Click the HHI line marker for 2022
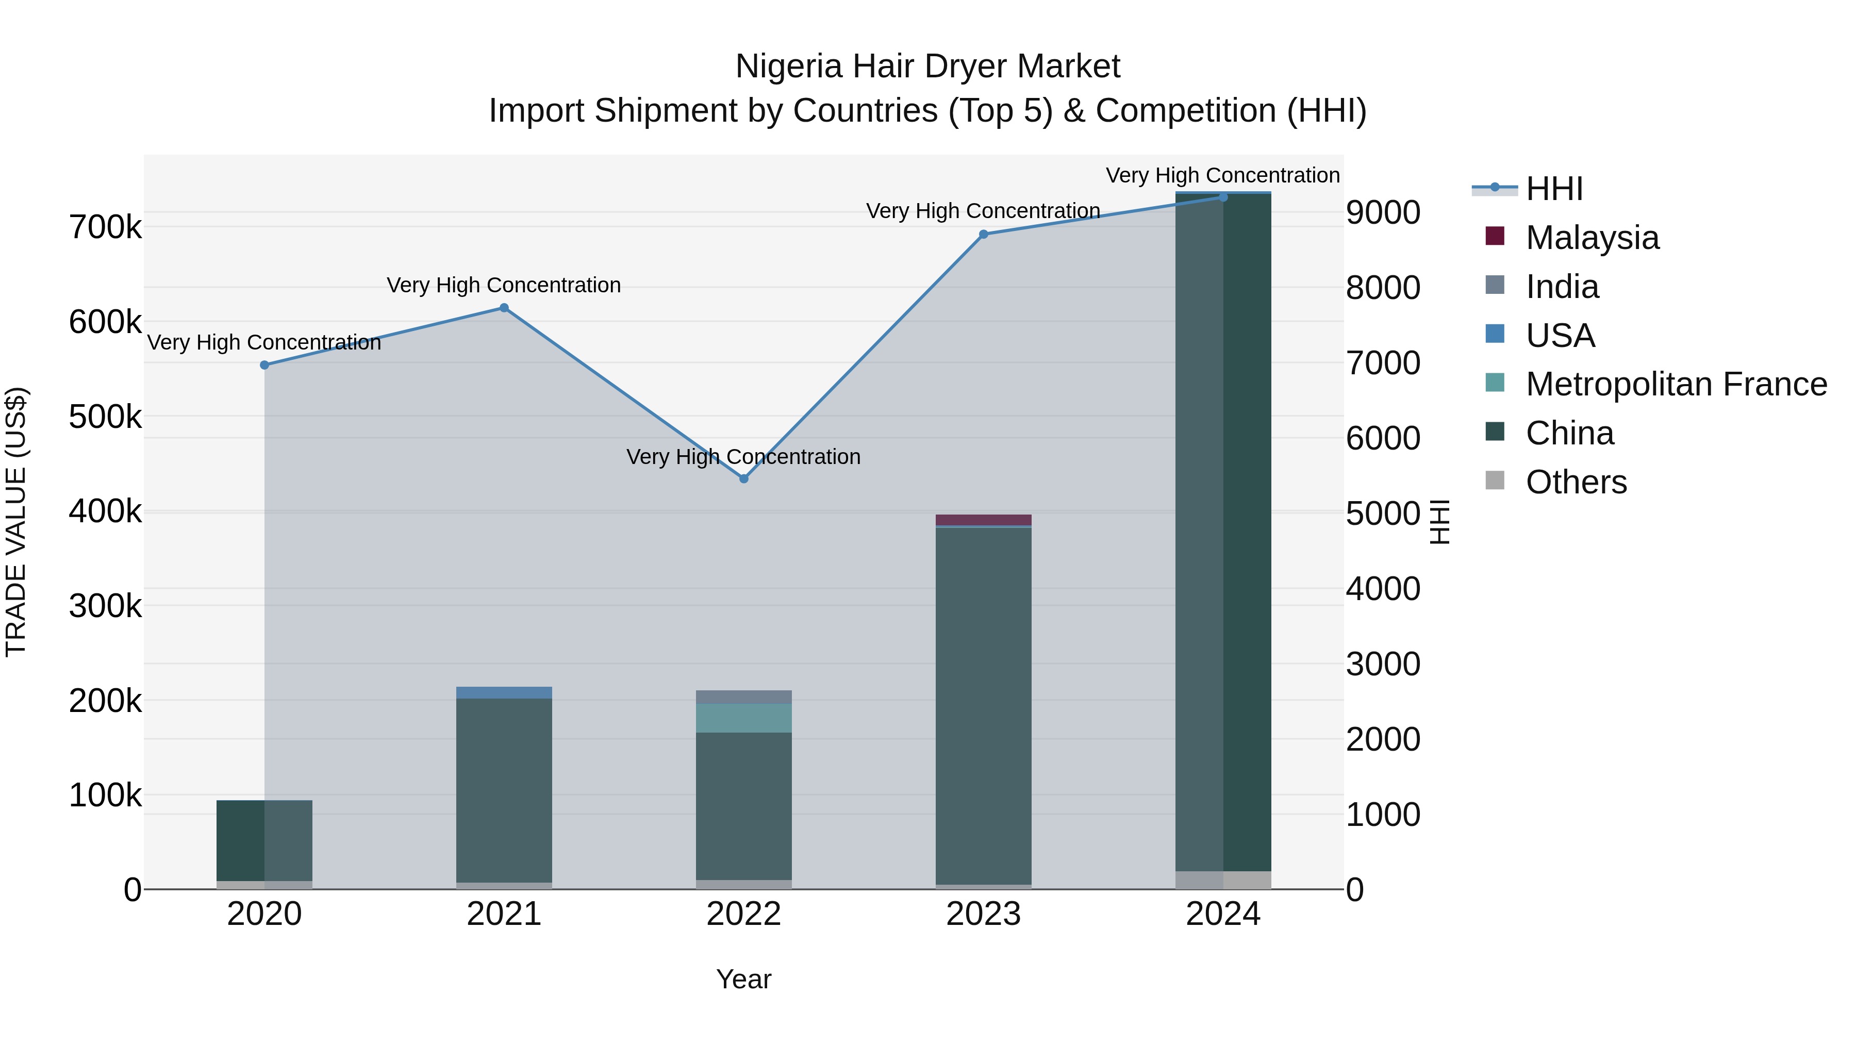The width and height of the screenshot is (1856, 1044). [743, 478]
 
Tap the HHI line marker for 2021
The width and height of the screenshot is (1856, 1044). [504, 308]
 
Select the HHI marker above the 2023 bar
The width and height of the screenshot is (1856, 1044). [984, 234]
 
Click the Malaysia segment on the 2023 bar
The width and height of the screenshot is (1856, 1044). [984, 520]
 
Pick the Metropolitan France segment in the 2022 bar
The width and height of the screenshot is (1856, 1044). [743, 718]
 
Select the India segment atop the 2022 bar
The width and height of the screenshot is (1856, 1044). [743, 697]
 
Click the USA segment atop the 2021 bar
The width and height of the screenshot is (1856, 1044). [504, 692]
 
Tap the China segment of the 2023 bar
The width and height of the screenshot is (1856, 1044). [984, 706]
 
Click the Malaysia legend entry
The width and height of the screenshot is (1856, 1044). [1592, 238]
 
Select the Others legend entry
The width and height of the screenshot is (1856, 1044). [1576, 482]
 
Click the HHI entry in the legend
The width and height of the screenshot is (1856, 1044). [1554, 189]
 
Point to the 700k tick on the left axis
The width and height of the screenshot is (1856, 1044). [105, 228]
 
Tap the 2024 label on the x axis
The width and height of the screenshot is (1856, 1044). [1223, 914]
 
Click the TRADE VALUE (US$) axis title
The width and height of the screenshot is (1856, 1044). [16, 522]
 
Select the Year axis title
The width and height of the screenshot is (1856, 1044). [743, 979]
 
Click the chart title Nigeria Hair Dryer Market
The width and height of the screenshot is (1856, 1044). [927, 67]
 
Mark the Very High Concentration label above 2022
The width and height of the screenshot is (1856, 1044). [743, 457]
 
